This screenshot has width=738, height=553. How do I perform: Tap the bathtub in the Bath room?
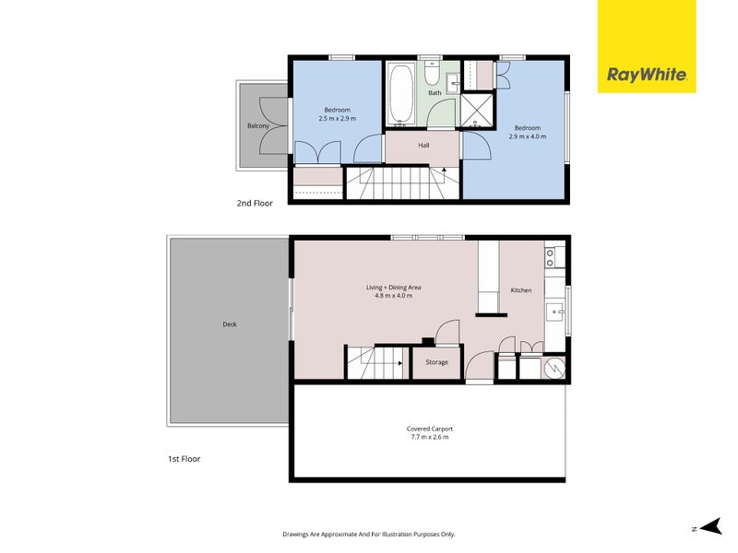click(401, 93)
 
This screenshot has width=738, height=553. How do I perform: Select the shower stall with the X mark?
click(478, 110)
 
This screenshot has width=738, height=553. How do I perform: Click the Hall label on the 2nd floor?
click(423, 145)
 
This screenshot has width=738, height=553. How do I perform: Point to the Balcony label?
click(257, 125)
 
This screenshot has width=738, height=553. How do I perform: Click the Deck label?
click(229, 324)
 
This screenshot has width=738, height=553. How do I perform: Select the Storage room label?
click(436, 362)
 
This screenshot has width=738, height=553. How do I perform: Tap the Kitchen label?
click(521, 290)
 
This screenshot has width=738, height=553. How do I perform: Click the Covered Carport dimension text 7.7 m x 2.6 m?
click(429, 437)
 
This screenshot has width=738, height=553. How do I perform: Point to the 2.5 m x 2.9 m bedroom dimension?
click(337, 119)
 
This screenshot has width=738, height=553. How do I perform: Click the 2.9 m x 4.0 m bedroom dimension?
click(528, 136)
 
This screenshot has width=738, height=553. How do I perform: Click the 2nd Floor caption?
click(255, 203)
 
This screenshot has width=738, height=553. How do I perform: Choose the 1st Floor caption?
click(184, 458)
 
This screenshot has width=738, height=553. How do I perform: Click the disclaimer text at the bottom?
click(369, 534)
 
